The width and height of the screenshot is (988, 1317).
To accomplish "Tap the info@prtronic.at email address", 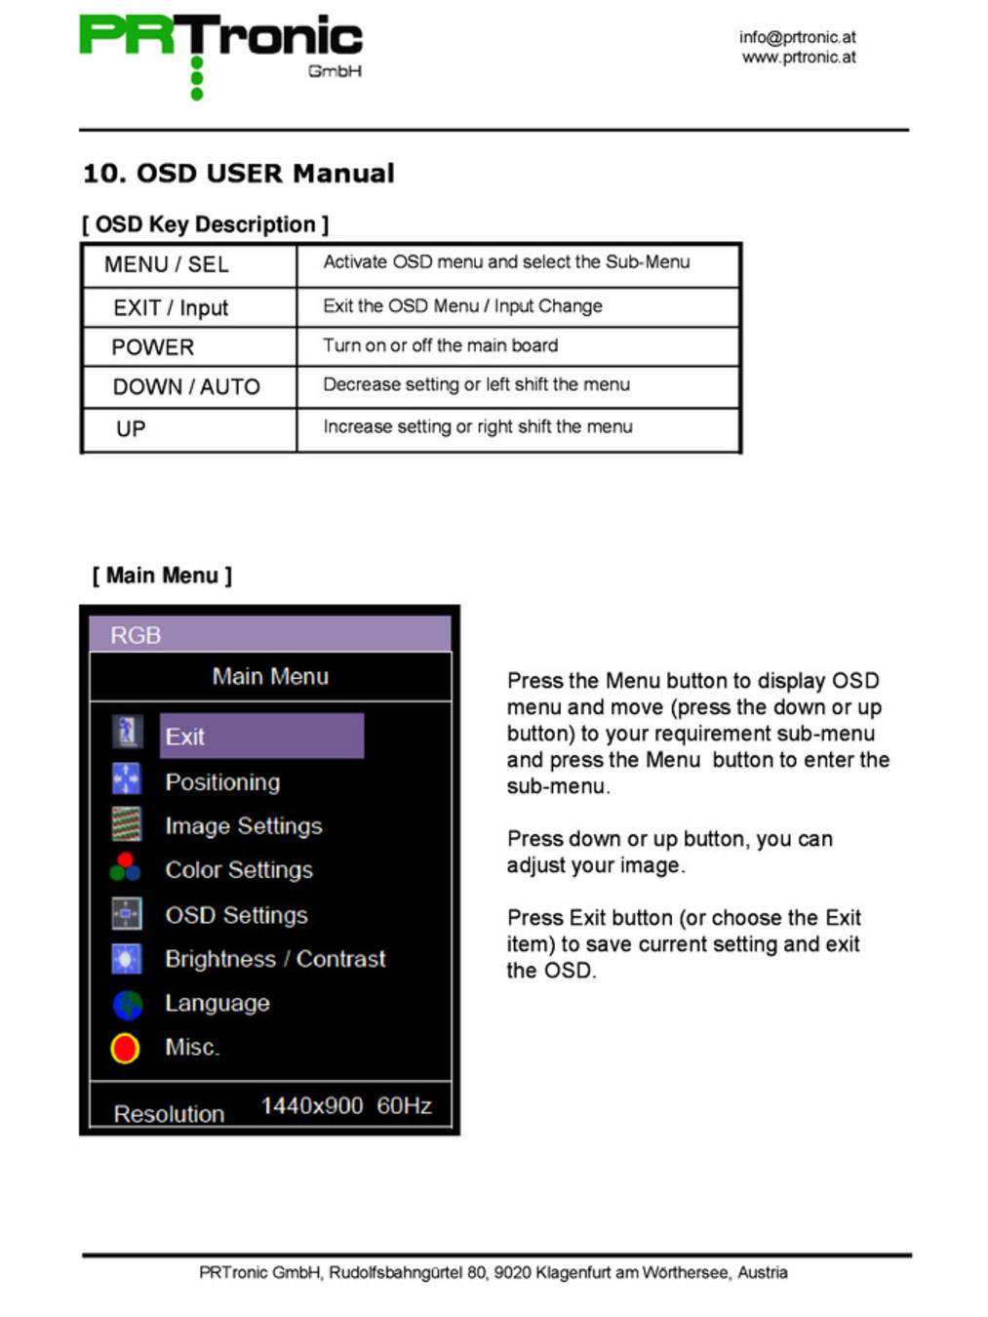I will click(x=797, y=37).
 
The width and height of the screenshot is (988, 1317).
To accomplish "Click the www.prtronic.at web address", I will click(x=799, y=58).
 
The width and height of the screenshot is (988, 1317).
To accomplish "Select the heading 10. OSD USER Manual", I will click(x=239, y=174).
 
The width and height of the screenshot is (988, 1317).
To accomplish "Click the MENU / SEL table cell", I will click(x=167, y=264).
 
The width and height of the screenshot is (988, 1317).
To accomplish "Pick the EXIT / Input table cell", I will click(x=171, y=308).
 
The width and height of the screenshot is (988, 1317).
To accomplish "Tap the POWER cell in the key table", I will click(x=153, y=347).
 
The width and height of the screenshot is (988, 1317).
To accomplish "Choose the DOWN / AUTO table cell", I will click(x=186, y=387).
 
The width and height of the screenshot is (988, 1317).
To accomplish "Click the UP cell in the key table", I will click(x=131, y=429).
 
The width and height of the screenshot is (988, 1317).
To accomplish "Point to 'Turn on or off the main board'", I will click(x=441, y=345).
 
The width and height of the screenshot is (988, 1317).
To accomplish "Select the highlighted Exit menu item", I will click(x=261, y=737).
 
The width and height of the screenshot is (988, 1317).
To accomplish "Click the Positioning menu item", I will click(x=222, y=782).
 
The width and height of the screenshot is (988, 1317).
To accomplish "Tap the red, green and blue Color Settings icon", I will click(x=126, y=866).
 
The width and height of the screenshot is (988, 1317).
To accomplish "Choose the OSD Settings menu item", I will click(x=236, y=915).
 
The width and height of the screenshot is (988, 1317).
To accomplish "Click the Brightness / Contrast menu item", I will click(x=275, y=959).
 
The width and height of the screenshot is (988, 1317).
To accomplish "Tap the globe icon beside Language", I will click(x=127, y=1004).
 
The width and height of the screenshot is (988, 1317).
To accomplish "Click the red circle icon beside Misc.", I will click(x=125, y=1048).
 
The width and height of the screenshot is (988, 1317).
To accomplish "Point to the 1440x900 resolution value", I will click(x=312, y=1105).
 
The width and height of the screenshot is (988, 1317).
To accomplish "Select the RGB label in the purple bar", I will click(x=136, y=635).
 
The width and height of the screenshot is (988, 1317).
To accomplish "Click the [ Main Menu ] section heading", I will click(x=162, y=576).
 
